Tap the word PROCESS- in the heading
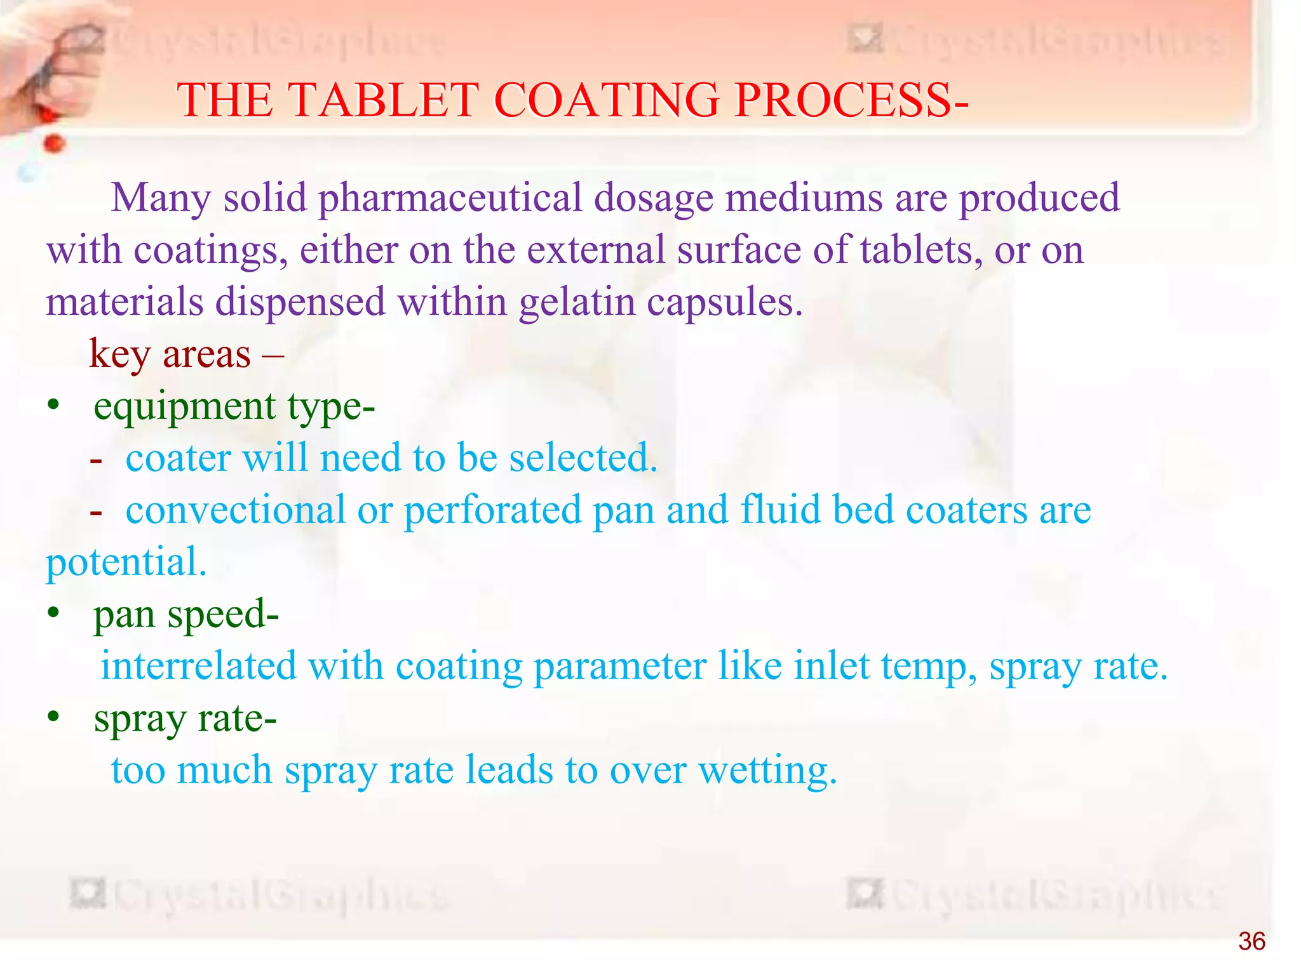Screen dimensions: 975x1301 [851, 100]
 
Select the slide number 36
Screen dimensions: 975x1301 [1251, 941]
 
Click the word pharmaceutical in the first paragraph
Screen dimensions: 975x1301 [450, 199]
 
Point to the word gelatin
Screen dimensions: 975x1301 [577, 303]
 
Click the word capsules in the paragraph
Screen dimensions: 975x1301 [724, 303]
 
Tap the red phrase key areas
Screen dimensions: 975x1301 [170, 354]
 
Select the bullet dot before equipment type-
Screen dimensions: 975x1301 [54, 404]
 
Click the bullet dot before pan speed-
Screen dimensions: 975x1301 [54, 613]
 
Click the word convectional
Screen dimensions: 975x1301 [236, 510]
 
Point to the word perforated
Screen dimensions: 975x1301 [492, 510]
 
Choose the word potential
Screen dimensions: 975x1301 [126, 562]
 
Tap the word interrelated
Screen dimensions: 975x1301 [198, 666]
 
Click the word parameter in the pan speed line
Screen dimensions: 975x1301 [619, 667]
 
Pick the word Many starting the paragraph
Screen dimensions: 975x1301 [161, 199]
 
